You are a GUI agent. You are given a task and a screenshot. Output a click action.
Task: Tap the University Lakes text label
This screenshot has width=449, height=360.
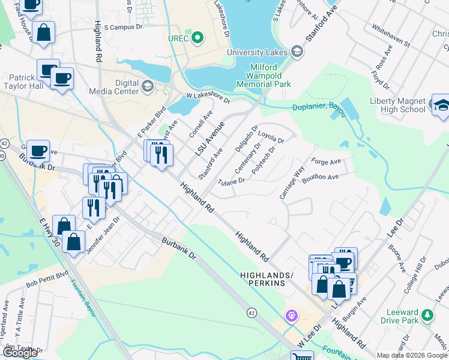coord(258,52)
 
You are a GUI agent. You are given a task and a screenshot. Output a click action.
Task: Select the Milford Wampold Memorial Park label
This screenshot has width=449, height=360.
coord(268,77)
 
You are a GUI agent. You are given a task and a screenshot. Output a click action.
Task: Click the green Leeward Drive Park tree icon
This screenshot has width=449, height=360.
coord(427,314)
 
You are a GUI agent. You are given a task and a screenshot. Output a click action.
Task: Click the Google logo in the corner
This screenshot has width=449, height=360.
coord(20,353)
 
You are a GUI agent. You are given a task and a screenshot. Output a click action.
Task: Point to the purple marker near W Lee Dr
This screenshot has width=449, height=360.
coord(292,314)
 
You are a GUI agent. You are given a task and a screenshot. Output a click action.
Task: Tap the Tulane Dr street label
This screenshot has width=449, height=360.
coord(232,181)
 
